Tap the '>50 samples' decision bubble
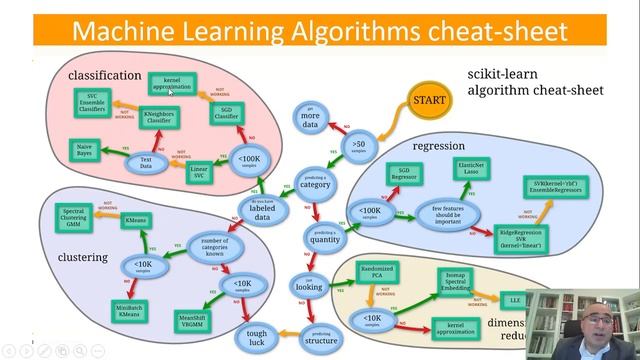click(360, 148)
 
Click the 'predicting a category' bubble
click(314, 183)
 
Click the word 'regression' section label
click(440, 146)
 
